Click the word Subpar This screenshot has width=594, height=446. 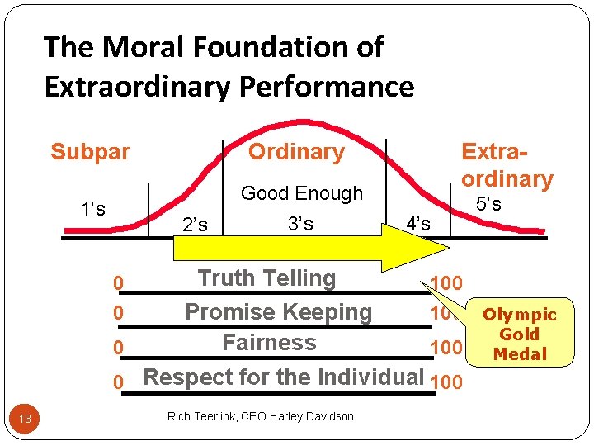pyautogui.click(x=90, y=152)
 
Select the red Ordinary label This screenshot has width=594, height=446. pyautogui.click(x=296, y=152)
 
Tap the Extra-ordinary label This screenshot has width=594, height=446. pyautogui.click(x=507, y=165)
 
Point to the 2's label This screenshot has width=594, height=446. pyautogui.click(x=194, y=224)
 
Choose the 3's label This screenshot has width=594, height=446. pyautogui.click(x=300, y=224)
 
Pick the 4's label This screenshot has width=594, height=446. pyautogui.click(x=418, y=224)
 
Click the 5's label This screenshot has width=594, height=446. pyautogui.click(x=489, y=205)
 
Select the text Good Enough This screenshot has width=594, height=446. pyautogui.click(x=302, y=193)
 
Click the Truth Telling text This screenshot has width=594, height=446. pyautogui.click(x=266, y=278)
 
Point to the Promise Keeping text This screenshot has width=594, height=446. pyautogui.click(x=278, y=312)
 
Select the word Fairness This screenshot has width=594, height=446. pyautogui.click(x=269, y=342)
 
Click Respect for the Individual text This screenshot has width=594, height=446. pyautogui.click(x=283, y=377)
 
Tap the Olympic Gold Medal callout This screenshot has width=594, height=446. pyautogui.click(x=520, y=334)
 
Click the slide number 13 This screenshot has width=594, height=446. pyautogui.click(x=25, y=419)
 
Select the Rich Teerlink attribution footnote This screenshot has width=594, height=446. pyautogui.click(x=260, y=416)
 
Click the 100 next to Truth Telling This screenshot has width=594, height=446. pyautogui.click(x=446, y=284)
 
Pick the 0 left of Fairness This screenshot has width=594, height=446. pyautogui.click(x=118, y=349)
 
